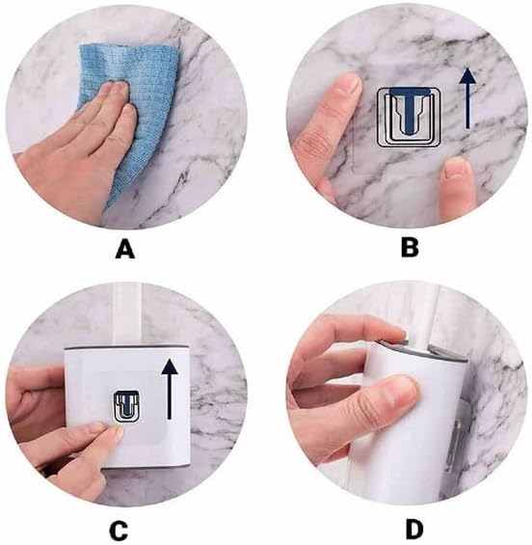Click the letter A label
tap(125, 250)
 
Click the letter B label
tap(410, 248)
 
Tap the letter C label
tap(119, 531)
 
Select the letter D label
tap(414, 530)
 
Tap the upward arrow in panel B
tap(467, 98)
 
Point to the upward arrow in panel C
tap(170, 389)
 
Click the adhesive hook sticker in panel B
tap(409, 117)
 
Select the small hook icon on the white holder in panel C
tap(126, 406)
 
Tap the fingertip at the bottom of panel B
tap(456, 174)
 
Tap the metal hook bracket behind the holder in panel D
tap(457, 442)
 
